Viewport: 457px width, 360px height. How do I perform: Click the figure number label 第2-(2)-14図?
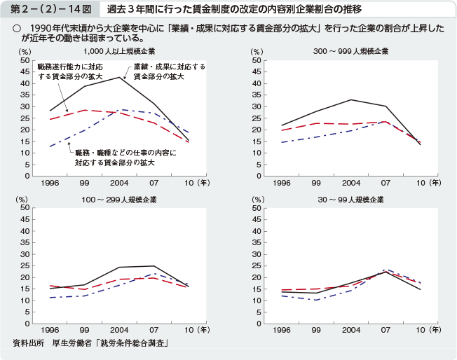[x=43, y=10]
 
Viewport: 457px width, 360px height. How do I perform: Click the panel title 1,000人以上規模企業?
[x=119, y=52]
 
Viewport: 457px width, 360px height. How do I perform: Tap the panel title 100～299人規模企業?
[x=119, y=200]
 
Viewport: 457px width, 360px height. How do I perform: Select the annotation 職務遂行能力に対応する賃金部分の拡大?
[x=70, y=71]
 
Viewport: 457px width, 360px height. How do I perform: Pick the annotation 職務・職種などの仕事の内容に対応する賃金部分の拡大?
[x=125, y=157]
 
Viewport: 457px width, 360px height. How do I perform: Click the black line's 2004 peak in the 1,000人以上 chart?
[x=120, y=76]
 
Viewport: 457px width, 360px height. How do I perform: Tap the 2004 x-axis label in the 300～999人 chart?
[x=351, y=183]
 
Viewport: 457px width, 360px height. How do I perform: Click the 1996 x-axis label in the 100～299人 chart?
[x=49, y=329]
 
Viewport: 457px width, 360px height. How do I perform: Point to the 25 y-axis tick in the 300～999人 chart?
[x=257, y=118]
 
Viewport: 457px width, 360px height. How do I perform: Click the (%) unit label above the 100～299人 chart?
[x=25, y=200]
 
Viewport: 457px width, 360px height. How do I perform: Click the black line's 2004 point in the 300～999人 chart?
[x=351, y=99]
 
